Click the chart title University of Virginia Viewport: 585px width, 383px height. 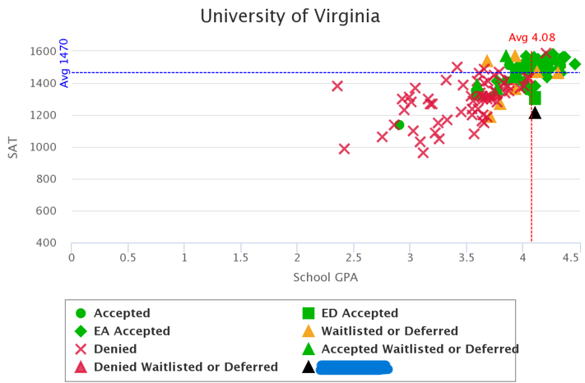pyautogui.click(x=290, y=16)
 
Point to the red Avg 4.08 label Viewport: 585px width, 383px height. pyautogui.click(x=532, y=37)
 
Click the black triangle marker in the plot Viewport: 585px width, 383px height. pyautogui.click(x=535, y=112)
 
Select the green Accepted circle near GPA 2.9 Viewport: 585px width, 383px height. pyautogui.click(x=399, y=125)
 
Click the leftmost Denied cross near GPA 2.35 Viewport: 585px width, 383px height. pyautogui.click(x=337, y=85)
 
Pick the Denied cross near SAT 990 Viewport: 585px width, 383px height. pyautogui.click(x=344, y=149)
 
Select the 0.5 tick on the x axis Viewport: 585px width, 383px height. pyautogui.click(x=128, y=257)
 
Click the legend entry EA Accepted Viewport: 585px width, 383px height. pyautogui.click(x=132, y=331)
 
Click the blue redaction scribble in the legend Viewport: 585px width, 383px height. pyautogui.click(x=354, y=367)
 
